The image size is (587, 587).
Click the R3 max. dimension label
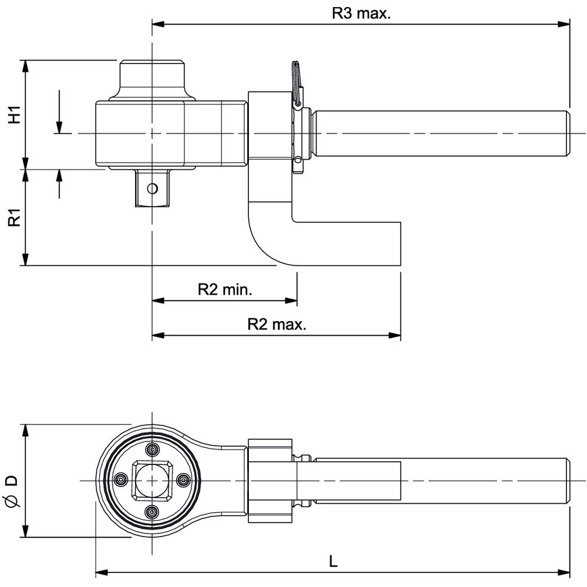(361, 14)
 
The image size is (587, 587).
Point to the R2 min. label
(225, 289)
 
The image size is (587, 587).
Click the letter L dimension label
(333, 561)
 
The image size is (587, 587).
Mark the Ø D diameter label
(13, 491)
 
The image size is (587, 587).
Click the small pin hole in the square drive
(152, 188)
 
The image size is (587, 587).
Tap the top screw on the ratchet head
(153, 450)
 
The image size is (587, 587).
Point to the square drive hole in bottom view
(152, 480)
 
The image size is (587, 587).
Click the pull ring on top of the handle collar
(296, 82)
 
